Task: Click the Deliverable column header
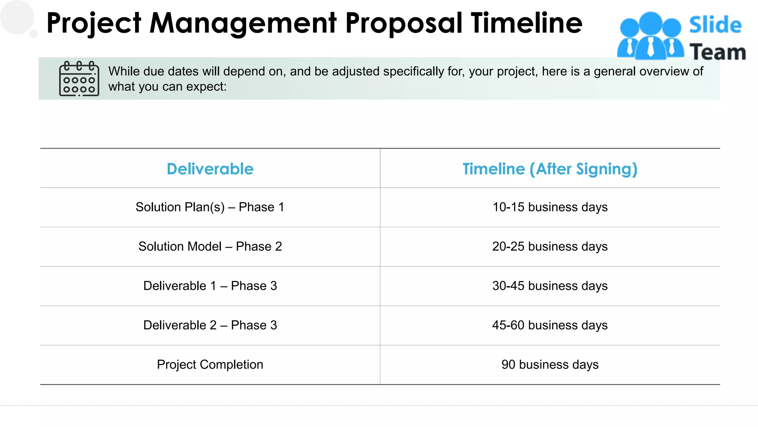pyautogui.click(x=210, y=169)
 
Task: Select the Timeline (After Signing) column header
pyautogui.click(x=550, y=169)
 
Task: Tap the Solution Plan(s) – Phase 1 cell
pyautogui.click(x=210, y=207)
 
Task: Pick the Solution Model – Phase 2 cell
pyautogui.click(x=210, y=246)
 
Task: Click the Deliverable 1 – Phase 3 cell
pyautogui.click(x=210, y=286)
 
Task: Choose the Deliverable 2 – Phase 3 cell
pyautogui.click(x=210, y=325)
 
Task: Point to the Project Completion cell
pyautogui.click(x=210, y=364)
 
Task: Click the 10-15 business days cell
pyautogui.click(x=550, y=207)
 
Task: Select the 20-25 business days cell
pyautogui.click(x=550, y=246)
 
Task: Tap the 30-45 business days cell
pyautogui.click(x=550, y=286)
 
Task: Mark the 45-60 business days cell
pyautogui.click(x=550, y=325)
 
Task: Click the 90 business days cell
pyautogui.click(x=550, y=364)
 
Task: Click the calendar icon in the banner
pyautogui.click(x=79, y=79)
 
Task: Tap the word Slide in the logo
pyautogui.click(x=715, y=25)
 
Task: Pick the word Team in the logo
pyautogui.click(x=717, y=52)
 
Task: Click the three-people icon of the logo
pyautogui.click(x=650, y=36)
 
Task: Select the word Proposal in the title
pyautogui.click(x=404, y=23)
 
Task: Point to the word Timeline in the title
pyautogui.click(x=526, y=23)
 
